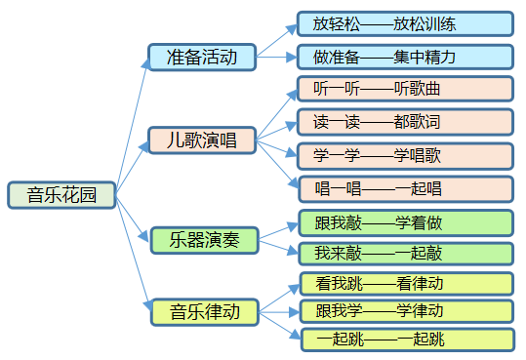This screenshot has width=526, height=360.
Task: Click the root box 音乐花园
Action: (61, 195)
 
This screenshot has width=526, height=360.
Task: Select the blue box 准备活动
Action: (202, 57)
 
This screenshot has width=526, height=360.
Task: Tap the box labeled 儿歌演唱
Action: (202, 140)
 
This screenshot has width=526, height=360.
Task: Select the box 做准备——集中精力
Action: (405, 57)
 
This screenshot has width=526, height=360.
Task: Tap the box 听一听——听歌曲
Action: (405, 90)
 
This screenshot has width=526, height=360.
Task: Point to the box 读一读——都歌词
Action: (405, 123)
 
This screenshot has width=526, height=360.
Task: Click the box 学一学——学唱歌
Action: (405, 156)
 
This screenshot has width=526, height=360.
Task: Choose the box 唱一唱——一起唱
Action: (405, 188)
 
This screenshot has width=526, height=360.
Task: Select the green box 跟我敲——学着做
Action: (405, 223)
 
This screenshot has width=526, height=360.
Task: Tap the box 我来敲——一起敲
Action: (405, 254)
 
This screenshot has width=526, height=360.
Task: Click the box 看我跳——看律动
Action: (405, 285)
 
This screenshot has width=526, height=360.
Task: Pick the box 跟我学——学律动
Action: (405, 311)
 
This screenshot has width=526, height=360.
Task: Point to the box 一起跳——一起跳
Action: (405, 340)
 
